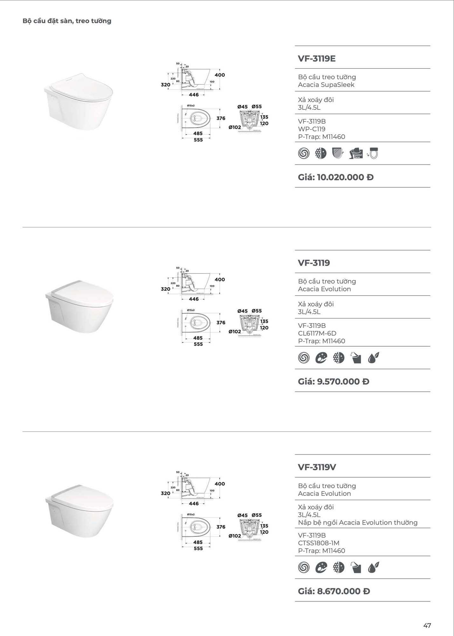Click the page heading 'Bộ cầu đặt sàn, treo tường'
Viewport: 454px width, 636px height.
click(67, 21)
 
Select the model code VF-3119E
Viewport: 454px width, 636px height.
click(317, 59)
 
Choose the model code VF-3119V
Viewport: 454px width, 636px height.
click(317, 467)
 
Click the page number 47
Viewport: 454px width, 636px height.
click(427, 626)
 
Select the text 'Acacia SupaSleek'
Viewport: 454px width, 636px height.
click(326, 85)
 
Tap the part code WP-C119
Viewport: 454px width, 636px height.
click(312, 129)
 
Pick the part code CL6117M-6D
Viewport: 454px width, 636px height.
click(317, 333)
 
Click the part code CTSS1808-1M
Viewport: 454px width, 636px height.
click(319, 543)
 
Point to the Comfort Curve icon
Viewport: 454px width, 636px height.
click(356, 153)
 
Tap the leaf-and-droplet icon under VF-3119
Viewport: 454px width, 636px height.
click(373, 358)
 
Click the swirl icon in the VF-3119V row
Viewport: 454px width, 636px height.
click(304, 567)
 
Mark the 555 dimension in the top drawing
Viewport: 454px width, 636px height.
click(198, 140)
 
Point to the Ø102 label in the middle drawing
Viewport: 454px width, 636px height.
click(235, 332)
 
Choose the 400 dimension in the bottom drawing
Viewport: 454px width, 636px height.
click(220, 484)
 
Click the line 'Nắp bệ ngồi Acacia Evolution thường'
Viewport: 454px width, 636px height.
click(358, 522)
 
